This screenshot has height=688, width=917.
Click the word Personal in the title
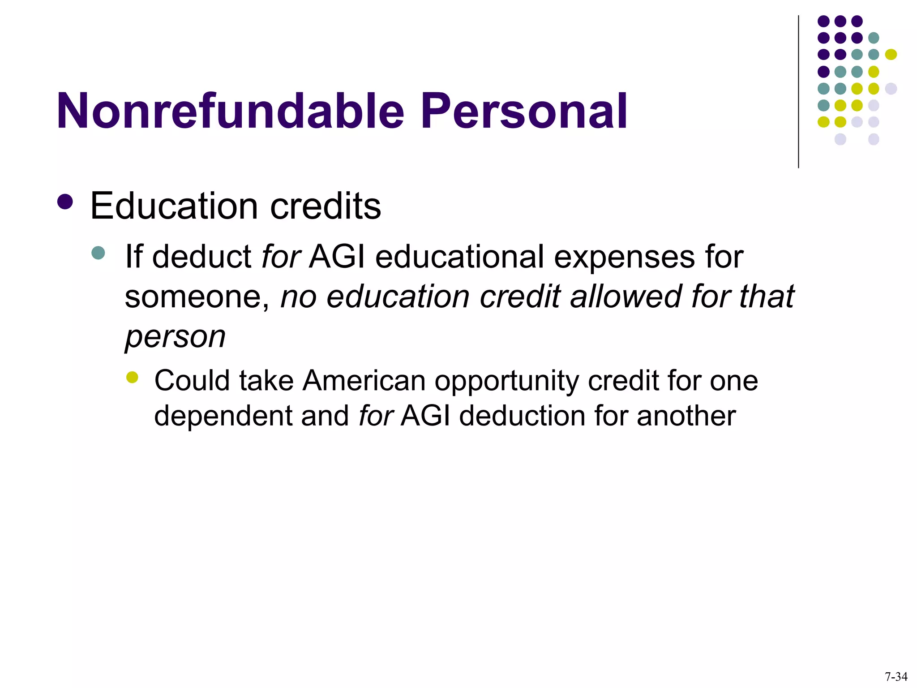coord(523,111)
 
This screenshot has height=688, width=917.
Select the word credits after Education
coord(326,206)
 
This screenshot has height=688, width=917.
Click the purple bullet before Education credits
coord(65,202)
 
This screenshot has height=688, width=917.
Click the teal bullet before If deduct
coord(98,253)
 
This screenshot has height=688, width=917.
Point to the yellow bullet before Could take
coord(132,377)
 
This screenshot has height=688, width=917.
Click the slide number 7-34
coord(896,677)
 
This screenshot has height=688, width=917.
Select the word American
coord(364,381)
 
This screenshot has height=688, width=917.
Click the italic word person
coord(175,337)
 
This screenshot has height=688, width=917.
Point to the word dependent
coord(223,416)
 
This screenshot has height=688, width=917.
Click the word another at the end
coord(686,416)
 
